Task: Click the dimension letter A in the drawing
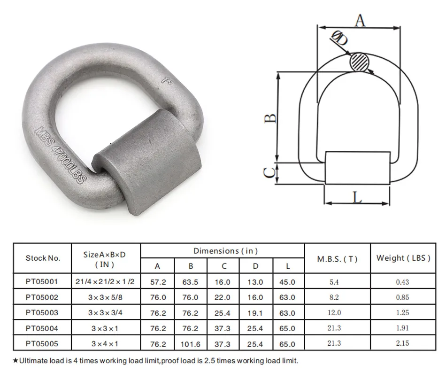coord(359,20)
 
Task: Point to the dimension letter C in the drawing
coord(269,172)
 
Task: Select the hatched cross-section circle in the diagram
coord(360,62)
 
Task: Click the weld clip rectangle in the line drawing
coord(357,168)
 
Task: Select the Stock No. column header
coord(43,258)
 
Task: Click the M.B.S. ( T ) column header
coord(337,258)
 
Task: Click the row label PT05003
coord(42,312)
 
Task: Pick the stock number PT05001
coord(42,282)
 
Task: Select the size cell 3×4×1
coord(105,343)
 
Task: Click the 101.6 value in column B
coord(191,344)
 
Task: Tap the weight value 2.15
coord(402,343)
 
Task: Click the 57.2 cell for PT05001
coord(157,282)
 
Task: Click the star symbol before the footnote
coord(15,361)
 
